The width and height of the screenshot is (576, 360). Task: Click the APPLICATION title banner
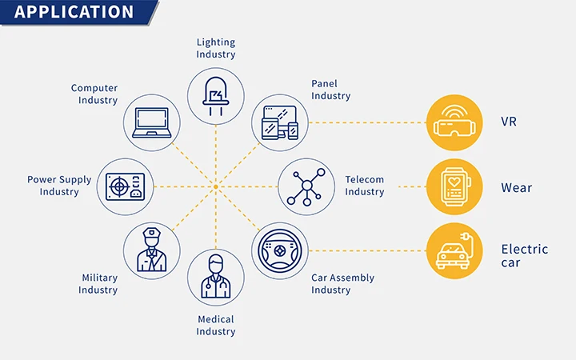click(x=79, y=13)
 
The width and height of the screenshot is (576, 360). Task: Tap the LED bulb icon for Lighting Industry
click(x=216, y=96)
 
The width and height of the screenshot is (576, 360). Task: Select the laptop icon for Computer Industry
click(x=152, y=122)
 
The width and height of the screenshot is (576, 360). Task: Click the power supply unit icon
click(x=126, y=187)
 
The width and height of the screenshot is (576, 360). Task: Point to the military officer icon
click(x=152, y=250)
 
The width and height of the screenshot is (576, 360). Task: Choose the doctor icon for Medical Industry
click(x=216, y=276)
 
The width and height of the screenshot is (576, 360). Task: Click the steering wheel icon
click(x=280, y=251)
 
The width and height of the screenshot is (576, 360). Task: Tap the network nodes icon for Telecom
click(x=306, y=186)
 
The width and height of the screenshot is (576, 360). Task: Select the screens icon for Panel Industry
click(x=280, y=122)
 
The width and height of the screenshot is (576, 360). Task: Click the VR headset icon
click(x=454, y=122)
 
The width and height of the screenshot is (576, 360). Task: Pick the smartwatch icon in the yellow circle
click(x=454, y=186)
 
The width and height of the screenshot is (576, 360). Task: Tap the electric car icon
click(x=454, y=251)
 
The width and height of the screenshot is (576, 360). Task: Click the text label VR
click(x=509, y=122)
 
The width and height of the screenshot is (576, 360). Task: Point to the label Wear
click(x=517, y=188)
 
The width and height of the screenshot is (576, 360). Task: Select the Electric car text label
click(x=525, y=256)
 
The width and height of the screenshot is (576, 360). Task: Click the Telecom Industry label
click(x=365, y=186)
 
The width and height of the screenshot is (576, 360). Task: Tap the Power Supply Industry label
click(x=59, y=186)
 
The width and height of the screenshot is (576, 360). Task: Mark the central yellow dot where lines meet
click(x=216, y=187)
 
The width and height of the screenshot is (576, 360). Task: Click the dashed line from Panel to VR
click(x=367, y=122)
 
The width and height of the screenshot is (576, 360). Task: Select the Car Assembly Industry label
click(x=342, y=283)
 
